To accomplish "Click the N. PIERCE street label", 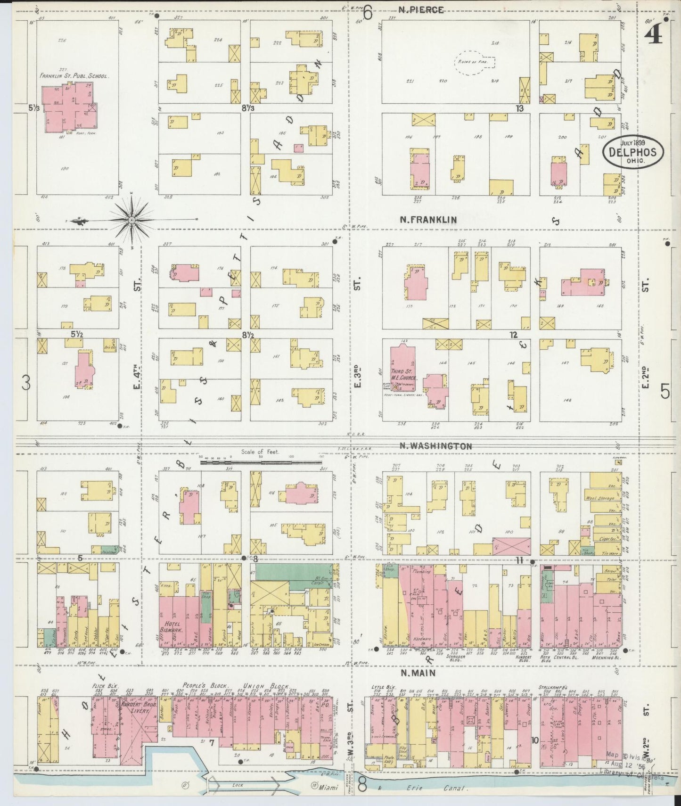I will [x=421, y=10].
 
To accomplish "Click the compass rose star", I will [x=131, y=220].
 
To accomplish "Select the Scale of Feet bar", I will [x=260, y=462].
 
